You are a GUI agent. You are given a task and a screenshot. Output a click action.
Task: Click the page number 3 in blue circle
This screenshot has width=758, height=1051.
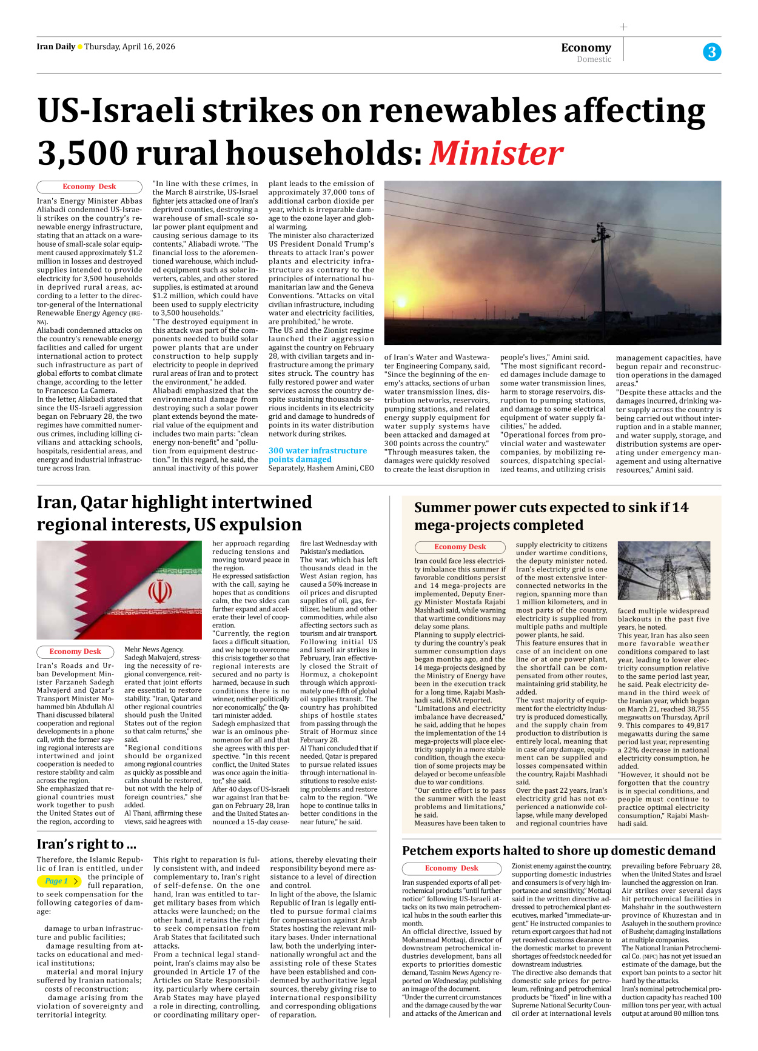pos(712,52)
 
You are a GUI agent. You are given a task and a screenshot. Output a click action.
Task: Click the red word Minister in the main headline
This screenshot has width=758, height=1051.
pos(496,153)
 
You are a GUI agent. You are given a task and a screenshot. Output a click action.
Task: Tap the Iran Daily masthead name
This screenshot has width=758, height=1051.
pos(56,47)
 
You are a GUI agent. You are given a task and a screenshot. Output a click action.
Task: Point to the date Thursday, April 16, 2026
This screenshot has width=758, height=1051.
pos(130,47)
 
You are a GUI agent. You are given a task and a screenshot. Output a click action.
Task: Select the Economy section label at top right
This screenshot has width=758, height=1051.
pos(586,47)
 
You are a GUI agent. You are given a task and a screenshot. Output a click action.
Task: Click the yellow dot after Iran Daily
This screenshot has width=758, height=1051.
pos(80,47)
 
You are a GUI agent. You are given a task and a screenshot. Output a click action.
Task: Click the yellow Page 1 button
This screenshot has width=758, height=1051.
pos(59,881)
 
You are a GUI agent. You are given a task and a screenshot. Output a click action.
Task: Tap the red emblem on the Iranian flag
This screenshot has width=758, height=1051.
pos(159,591)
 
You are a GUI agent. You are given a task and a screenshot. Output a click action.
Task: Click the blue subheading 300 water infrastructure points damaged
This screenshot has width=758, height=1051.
pos(317,455)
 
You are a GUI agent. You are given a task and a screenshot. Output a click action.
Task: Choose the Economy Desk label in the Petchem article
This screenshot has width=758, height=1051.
pos(451,868)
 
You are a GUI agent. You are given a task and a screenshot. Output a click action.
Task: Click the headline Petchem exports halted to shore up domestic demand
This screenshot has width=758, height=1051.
pos(558,850)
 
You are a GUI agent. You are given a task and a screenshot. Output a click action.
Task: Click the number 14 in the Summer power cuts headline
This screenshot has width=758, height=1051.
pos(680,507)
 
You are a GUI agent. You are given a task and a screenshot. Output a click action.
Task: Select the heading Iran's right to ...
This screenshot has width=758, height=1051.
pos(86,844)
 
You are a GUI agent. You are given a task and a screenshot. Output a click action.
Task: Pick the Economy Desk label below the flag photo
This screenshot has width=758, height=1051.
pos(75,652)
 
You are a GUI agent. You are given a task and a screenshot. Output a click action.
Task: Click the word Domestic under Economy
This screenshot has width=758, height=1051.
pos(594,59)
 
